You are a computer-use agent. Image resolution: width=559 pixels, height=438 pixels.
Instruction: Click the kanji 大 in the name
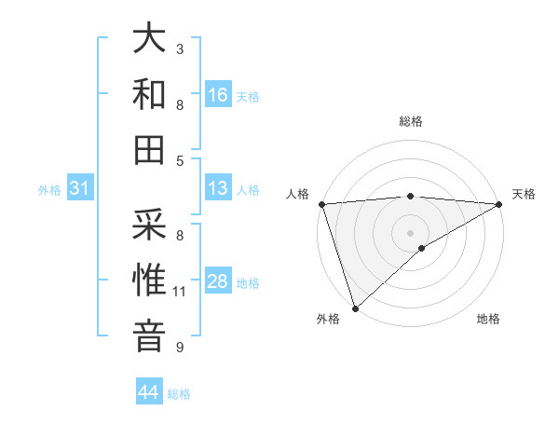pyautogui.click(x=150, y=40)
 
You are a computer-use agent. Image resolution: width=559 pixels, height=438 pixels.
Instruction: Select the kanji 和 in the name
pyautogui.click(x=150, y=94)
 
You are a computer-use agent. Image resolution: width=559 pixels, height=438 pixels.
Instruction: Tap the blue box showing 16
pyautogui.click(x=218, y=94)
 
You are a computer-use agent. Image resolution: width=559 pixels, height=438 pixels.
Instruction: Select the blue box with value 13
pyautogui.click(x=218, y=188)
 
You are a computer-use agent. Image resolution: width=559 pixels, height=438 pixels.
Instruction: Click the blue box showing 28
pyautogui.click(x=218, y=281)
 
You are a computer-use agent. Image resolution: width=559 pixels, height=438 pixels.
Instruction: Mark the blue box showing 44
pyautogui.click(x=149, y=392)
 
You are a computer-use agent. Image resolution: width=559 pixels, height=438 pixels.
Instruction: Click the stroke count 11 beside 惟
pyautogui.click(x=179, y=292)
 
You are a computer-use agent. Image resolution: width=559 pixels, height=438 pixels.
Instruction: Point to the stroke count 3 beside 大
pyautogui.click(x=179, y=49)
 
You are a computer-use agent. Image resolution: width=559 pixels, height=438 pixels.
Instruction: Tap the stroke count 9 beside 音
pyautogui.click(x=179, y=348)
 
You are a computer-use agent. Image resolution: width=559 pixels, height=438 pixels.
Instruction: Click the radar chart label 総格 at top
pyautogui.click(x=411, y=121)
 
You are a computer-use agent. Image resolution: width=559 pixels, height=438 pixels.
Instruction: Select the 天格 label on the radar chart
pyautogui.click(x=524, y=194)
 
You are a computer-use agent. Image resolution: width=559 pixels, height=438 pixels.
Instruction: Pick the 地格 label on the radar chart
pyautogui.click(x=488, y=319)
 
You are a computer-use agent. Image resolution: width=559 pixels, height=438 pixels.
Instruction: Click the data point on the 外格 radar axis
pyautogui.click(x=355, y=308)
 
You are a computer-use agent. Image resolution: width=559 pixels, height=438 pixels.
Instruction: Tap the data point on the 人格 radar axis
pyautogui.click(x=321, y=203)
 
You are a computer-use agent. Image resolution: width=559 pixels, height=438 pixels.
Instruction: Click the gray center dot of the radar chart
pyautogui.click(x=411, y=232)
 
